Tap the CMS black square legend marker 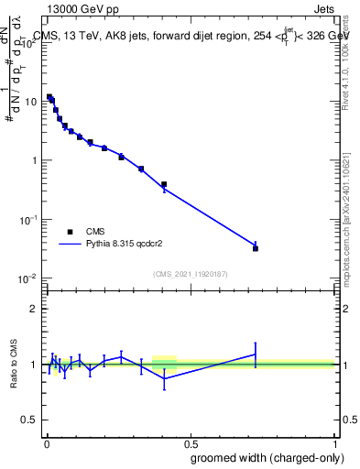coord(70,232)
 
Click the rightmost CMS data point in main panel coord(256,248)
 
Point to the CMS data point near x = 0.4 coord(164,184)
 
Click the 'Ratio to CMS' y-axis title coord(14,365)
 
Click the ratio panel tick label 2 coord(34,309)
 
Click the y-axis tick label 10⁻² coord(27,278)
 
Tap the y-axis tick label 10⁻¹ coord(27,220)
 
